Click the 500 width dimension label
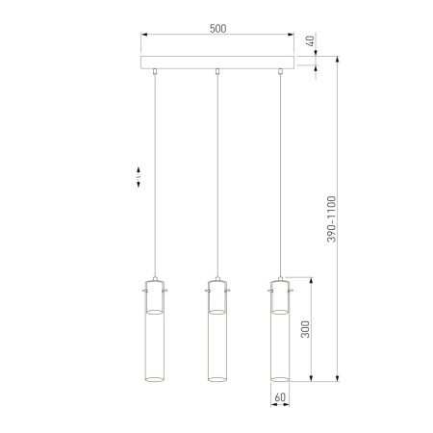click(217, 28)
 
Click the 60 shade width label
click(280, 395)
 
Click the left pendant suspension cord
click(156, 173)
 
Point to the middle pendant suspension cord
click(218, 173)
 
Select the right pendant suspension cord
click(280, 173)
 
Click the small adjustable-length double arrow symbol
click(139, 177)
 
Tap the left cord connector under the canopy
click(156, 72)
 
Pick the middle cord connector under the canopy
click(218, 72)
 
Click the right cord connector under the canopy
click(280, 72)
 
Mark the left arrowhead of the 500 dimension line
click(145, 38)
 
